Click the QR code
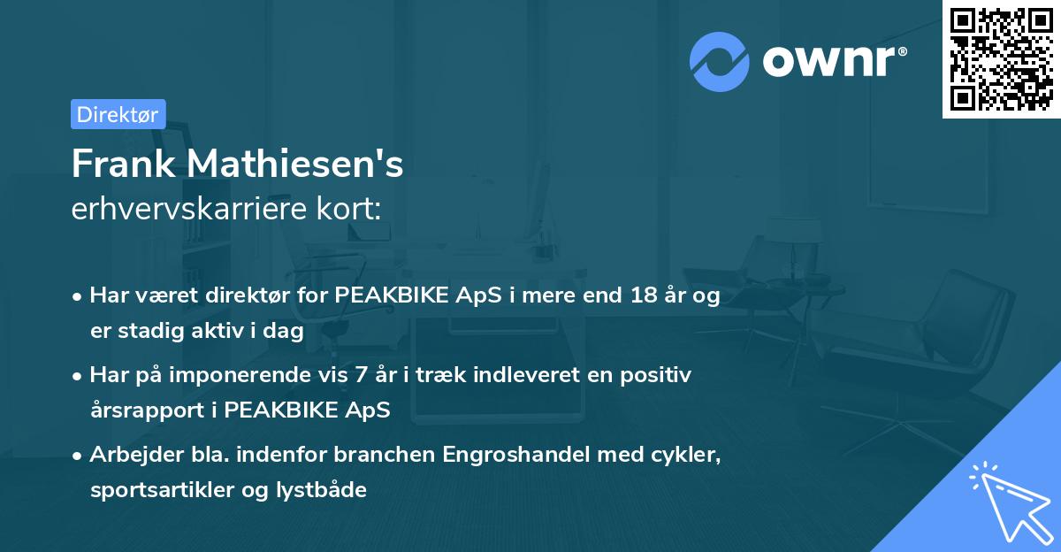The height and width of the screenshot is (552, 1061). point(1002,58)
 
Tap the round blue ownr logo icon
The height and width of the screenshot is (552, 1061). point(720,62)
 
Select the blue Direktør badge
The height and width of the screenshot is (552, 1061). point(118,114)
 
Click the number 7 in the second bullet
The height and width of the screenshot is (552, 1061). point(359,375)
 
